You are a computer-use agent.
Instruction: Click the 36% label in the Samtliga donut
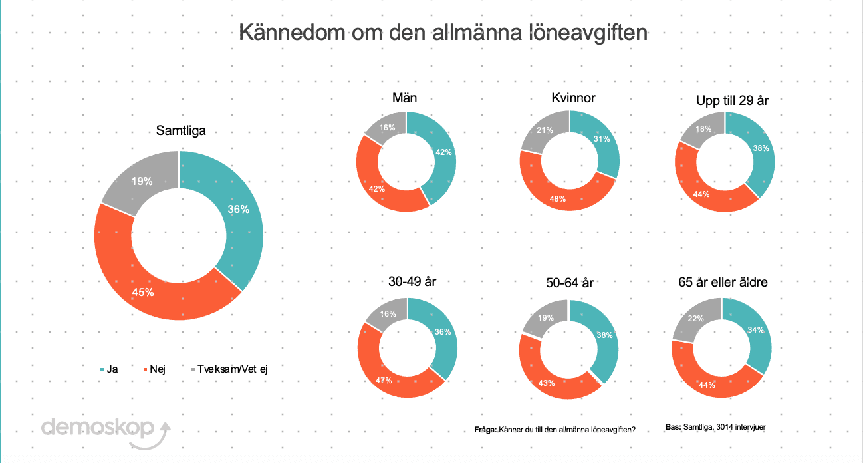click(239, 210)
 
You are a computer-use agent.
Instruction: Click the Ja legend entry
click(109, 369)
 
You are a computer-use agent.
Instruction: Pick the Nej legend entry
click(154, 369)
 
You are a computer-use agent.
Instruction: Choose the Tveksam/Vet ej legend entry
click(229, 369)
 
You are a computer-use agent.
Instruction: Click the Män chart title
click(404, 98)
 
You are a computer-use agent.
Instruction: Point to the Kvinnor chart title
click(573, 98)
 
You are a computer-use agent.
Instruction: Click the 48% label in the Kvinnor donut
click(557, 199)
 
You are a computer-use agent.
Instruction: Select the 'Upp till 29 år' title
click(732, 100)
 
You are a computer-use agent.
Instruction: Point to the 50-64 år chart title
click(569, 283)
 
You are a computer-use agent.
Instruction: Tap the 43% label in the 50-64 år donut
click(547, 383)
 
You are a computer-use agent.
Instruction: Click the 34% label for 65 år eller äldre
click(755, 329)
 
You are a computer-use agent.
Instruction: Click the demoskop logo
click(106, 432)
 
